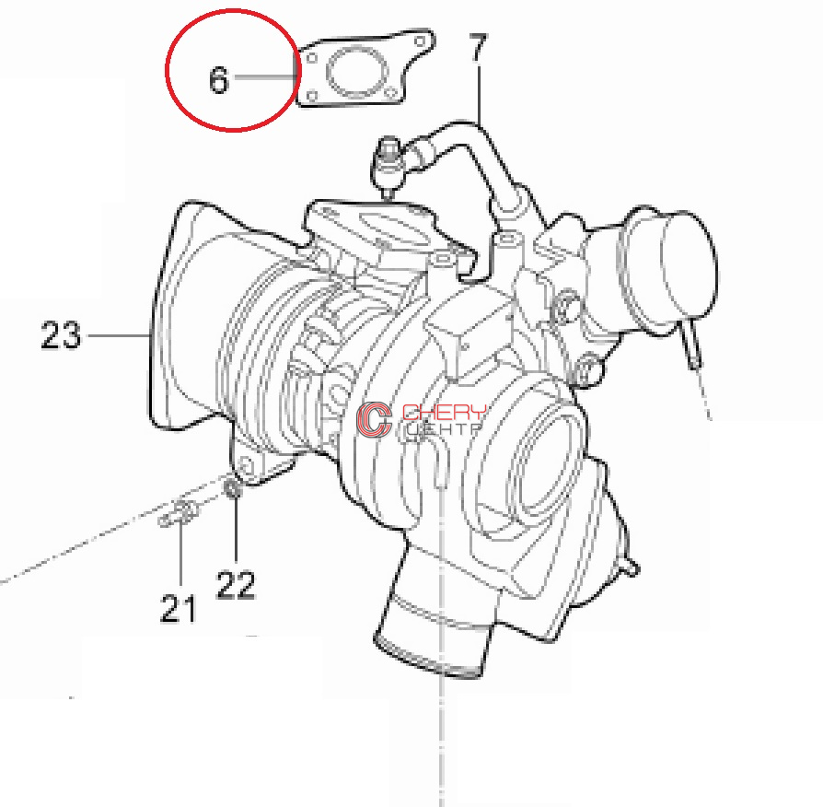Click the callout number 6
point(219,79)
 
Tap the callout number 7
point(477,48)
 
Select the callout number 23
point(61,334)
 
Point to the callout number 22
point(236,585)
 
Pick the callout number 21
point(178,608)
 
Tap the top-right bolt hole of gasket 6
point(420,41)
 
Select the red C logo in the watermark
point(374,419)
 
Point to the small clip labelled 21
point(180,513)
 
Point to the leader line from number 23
point(118,334)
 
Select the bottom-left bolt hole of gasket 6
point(312,96)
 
